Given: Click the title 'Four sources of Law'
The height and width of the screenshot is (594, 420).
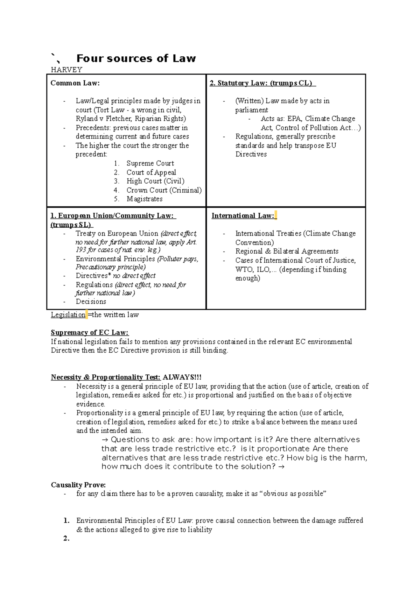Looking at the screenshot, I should [136, 58].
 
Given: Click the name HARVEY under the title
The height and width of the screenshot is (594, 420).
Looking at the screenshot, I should [66, 70].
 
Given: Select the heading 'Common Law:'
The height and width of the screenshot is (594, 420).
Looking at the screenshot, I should [75, 83].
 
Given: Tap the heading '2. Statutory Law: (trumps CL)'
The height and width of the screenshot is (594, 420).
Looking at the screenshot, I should [262, 83].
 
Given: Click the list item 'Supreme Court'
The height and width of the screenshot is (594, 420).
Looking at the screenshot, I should [150, 163].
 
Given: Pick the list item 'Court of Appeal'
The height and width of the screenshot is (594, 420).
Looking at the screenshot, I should [151, 172].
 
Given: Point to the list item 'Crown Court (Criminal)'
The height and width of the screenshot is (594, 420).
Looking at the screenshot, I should [164, 190].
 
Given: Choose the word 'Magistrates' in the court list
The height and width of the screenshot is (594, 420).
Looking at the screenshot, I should [145, 199].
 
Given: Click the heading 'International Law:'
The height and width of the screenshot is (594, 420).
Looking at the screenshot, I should [243, 216].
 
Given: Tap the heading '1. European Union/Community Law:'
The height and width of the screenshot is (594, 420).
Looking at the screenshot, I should [113, 216].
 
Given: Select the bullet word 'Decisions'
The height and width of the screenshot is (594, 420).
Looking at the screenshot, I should [91, 302].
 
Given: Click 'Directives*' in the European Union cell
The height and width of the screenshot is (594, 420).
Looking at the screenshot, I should [93, 276].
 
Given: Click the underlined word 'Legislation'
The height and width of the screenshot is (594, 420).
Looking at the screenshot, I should [68, 315].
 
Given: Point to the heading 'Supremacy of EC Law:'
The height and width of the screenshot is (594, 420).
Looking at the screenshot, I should [90, 333].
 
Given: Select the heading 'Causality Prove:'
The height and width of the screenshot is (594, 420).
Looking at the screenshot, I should [78, 485].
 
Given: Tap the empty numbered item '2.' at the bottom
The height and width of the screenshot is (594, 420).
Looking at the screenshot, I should [66, 539].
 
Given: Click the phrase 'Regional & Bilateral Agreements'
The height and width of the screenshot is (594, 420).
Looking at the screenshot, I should [287, 252].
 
